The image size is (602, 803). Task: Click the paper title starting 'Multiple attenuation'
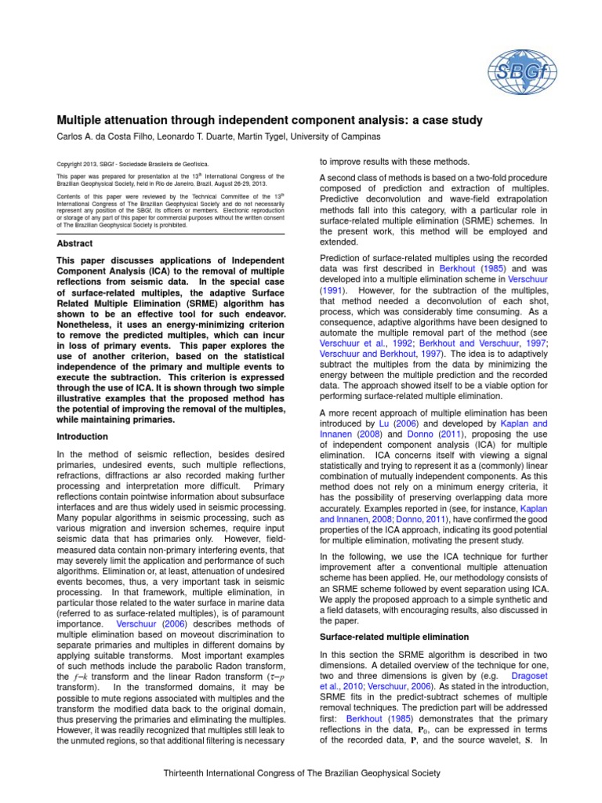[x=269, y=120]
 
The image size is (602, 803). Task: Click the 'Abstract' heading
[x=74, y=244]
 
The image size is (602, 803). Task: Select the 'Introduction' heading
[x=82, y=436]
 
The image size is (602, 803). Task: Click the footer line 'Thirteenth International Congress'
[x=301, y=773]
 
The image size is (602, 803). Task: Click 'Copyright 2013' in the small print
[x=81, y=164]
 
